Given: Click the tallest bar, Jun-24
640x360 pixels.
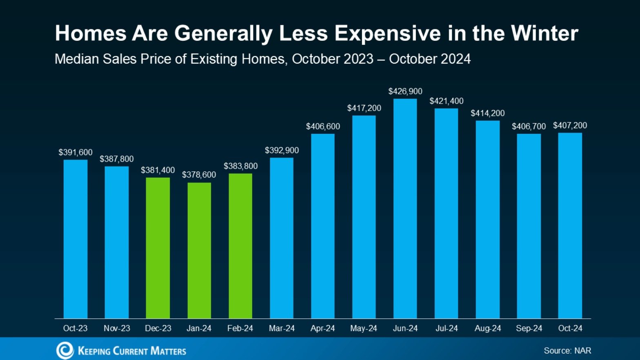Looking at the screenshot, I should click(405, 208).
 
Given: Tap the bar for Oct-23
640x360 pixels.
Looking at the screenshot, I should click(76, 239).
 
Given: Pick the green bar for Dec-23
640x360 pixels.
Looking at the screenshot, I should click(158, 248).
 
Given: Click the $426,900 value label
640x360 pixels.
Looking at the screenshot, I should click(405, 91).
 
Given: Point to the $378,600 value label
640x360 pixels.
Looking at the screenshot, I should click(199, 175).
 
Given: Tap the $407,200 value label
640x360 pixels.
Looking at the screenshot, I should click(570, 125).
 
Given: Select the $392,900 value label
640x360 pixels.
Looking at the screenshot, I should click(282, 150).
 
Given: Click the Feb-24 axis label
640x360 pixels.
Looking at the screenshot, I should click(240, 328).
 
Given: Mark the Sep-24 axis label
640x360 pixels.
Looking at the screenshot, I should click(529, 328).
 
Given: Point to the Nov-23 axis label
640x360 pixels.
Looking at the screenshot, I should click(117, 328).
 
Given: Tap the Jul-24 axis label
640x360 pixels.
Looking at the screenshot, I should click(447, 328).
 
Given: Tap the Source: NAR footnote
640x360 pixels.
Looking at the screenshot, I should click(567, 351).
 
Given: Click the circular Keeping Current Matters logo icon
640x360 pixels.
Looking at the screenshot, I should click(64, 351).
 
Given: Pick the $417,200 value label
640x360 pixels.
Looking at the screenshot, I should click(364, 108).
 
